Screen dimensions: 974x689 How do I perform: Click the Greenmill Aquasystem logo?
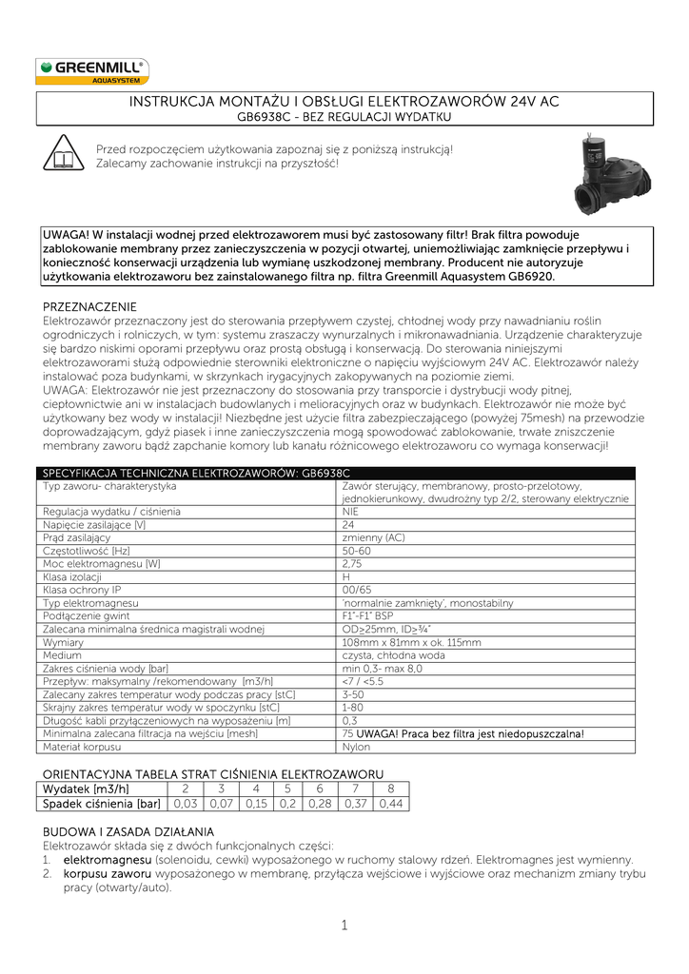[x=92, y=71]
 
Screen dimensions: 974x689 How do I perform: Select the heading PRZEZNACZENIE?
[x=90, y=307]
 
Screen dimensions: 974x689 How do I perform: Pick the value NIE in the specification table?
[x=351, y=512]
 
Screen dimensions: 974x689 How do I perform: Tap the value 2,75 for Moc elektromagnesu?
[x=352, y=564]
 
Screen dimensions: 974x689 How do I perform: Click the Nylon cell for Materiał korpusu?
[x=357, y=748]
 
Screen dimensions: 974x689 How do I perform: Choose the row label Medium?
[x=63, y=656]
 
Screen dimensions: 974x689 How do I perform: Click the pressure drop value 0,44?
[x=391, y=804]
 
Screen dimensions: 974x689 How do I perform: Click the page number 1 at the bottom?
[x=344, y=926]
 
